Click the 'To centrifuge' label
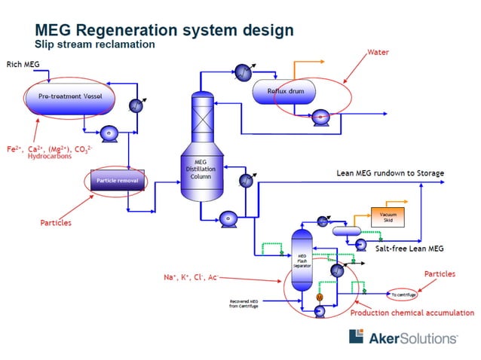[403, 294]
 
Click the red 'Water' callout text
[378, 53]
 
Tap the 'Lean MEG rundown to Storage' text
[390, 173]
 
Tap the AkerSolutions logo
[402, 337]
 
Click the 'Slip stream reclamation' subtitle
[94, 44]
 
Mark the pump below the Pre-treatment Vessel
[109, 133]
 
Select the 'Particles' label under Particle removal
[57, 224]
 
